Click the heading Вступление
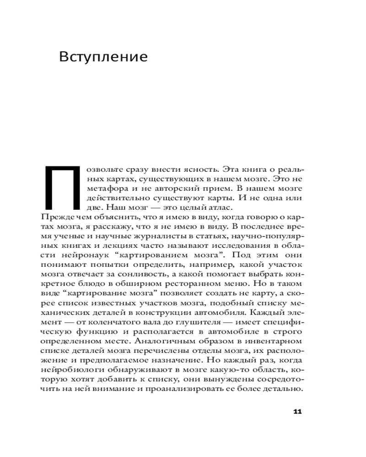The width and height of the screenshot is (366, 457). [103, 57]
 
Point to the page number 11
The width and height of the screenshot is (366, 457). [297, 412]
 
